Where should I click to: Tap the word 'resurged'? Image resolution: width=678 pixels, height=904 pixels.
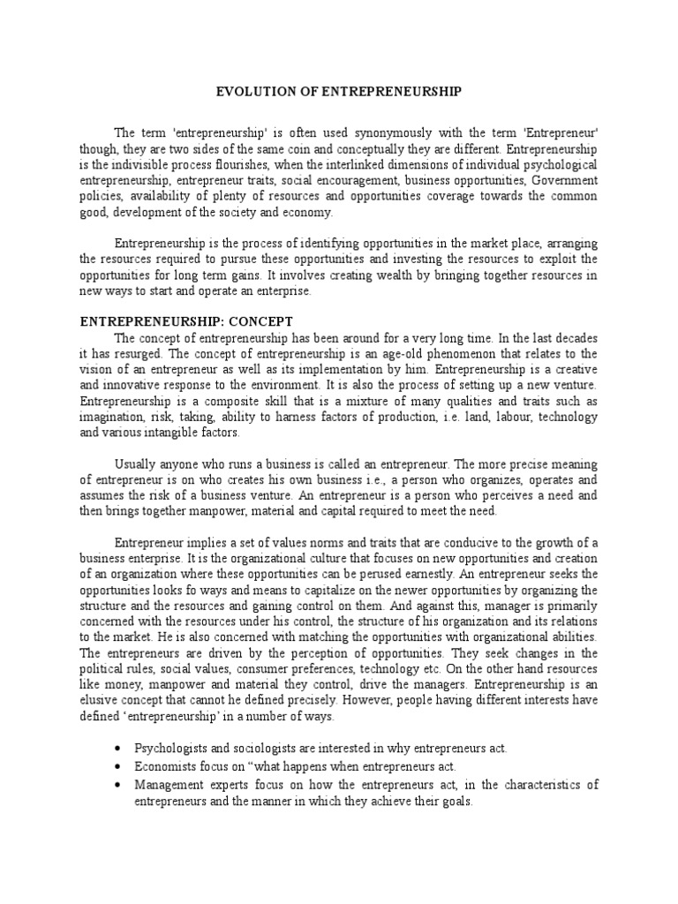[x=144, y=353]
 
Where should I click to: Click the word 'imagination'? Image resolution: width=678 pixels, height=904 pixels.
[x=114, y=417]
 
